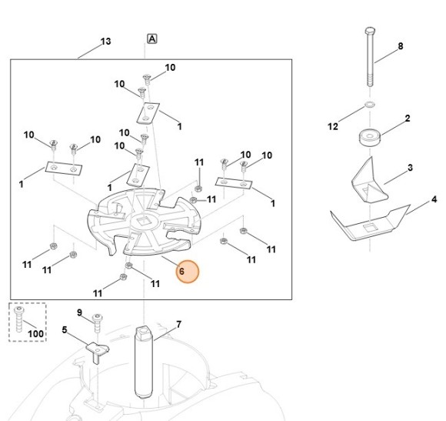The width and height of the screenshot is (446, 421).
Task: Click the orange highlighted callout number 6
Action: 188,272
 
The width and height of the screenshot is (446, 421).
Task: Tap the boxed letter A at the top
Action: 152,38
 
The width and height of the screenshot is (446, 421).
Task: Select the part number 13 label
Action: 105,42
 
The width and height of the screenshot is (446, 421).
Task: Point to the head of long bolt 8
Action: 370,31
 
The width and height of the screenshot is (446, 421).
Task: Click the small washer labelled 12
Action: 369,105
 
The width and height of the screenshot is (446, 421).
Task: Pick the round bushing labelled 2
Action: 369,138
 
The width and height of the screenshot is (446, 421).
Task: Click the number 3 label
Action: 410,168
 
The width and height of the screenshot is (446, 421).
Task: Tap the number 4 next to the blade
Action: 434,199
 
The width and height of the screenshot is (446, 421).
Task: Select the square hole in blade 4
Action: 369,228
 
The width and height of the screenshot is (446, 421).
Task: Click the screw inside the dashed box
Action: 19,319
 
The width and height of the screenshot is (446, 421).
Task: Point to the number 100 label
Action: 36,333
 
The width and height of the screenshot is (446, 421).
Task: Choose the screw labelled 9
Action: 98,323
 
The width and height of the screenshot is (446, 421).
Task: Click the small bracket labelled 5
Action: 98,352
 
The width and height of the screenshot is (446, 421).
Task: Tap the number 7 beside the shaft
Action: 178,325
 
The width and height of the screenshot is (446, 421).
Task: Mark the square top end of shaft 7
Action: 144,333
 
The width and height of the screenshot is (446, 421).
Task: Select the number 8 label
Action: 400,46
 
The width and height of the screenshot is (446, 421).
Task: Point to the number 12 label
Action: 333,126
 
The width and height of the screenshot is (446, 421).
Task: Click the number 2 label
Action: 408,119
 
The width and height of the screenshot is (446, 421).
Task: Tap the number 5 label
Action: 65,330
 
